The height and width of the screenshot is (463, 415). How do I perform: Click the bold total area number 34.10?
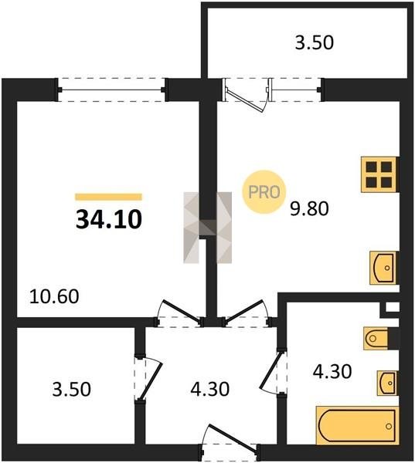[x=109, y=220]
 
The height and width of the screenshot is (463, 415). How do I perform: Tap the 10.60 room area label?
[x=54, y=296]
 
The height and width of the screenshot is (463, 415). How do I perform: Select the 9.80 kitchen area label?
[x=309, y=209]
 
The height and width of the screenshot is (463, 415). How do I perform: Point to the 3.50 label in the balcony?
[x=315, y=42]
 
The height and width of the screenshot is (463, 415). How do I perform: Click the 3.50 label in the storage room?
[x=72, y=389]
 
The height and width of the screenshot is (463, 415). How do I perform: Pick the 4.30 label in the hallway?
[x=210, y=389]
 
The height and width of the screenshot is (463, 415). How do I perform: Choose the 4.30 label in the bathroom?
[x=332, y=371]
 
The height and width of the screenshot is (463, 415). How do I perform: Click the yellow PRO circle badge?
[x=264, y=192]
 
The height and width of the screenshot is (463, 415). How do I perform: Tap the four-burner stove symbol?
[x=379, y=174]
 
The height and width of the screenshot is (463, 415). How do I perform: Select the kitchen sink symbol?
[x=383, y=268]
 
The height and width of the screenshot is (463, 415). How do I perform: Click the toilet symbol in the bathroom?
[x=376, y=338]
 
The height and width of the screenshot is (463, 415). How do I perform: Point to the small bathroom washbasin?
[x=387, y=383]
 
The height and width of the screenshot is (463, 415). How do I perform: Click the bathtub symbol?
[x=357, y=426]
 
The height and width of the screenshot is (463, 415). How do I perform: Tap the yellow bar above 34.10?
[x=108, y=197]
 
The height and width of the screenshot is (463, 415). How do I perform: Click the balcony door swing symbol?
[x=247, y=95]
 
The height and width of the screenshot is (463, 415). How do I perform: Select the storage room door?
[x=148, y=379]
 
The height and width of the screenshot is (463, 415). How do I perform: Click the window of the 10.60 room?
[x=111, y=90]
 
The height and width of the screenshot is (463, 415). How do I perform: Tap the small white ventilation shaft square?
[x=393, y=307]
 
